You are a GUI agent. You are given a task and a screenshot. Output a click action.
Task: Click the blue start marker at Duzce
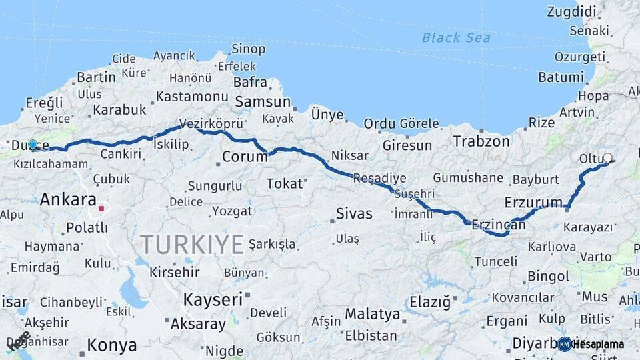tap(32, 144)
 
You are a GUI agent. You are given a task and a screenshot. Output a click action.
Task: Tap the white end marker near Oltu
tap(607, 158)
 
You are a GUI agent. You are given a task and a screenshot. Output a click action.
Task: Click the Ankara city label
tap(68, 199)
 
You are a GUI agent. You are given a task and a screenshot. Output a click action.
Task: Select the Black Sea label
tap(456, 37)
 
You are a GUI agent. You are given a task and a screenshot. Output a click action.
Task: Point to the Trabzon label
tap(481, 141)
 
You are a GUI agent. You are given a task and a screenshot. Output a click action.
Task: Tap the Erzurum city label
tap(534, 202)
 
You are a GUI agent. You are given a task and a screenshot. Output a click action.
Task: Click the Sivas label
tap(354, 214)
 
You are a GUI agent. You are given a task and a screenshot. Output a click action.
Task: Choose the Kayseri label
tap(213, 299)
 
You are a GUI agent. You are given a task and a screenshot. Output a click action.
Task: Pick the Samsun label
tap(262, 102)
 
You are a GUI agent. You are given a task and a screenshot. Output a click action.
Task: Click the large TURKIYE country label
tap(192, 245)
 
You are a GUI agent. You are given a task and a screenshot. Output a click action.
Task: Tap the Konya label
tap(112, 345)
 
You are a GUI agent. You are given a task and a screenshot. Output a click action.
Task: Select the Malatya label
tap(372, 314)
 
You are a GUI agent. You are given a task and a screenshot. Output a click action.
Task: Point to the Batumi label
tap(561, 77)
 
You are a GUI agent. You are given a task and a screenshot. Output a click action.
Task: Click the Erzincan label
tap(498, 226)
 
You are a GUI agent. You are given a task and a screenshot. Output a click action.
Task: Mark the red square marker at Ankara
tap(101, 208)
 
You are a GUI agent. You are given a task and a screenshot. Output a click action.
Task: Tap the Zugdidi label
tap(571, 11)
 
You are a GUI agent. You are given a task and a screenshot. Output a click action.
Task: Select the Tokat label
tap(284, 183)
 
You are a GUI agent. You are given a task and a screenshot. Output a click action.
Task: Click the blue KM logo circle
tap(565, 344)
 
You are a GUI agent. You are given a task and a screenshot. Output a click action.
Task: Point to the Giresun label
tap(407, 145)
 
